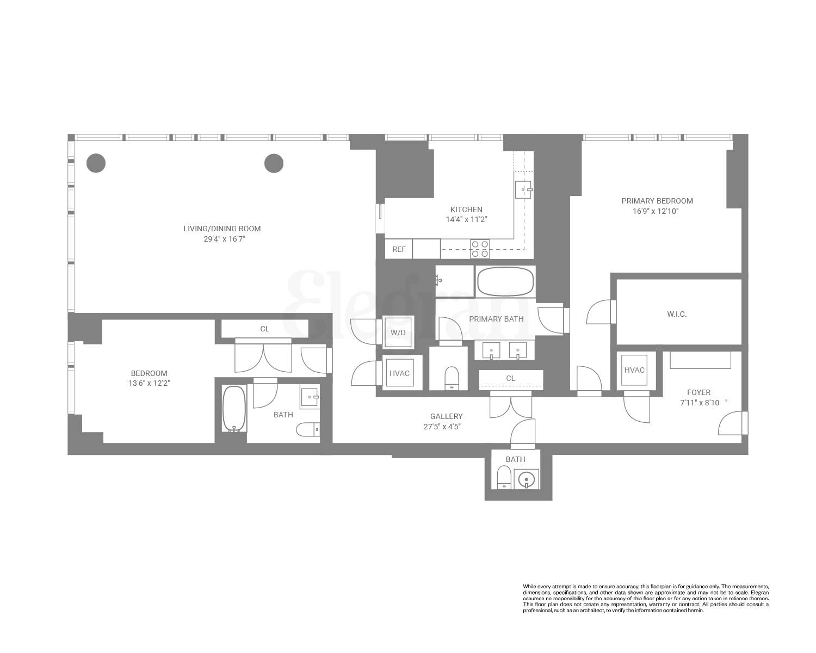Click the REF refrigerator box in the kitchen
coord(399,249)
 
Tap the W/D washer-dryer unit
coord(398,332)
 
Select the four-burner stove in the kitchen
coord(480,249)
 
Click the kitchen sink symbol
coord(523,189)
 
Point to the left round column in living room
coord(96,163)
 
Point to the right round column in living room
coord(274,163)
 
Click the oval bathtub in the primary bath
coord(505,281)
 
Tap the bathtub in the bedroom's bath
coord(234,409)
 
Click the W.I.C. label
coord(676,314)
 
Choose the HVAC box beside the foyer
coord(634,370)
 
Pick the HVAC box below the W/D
coord(399,373)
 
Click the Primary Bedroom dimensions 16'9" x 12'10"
coord(657,211)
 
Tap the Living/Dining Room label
coord(222,229)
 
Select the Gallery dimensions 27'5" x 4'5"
coord(442,427)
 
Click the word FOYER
coord(698,392)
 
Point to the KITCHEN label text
coord(466,210)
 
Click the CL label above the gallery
coord(510,378)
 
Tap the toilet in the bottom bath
coord(504,479)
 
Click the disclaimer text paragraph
coord(646,598)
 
